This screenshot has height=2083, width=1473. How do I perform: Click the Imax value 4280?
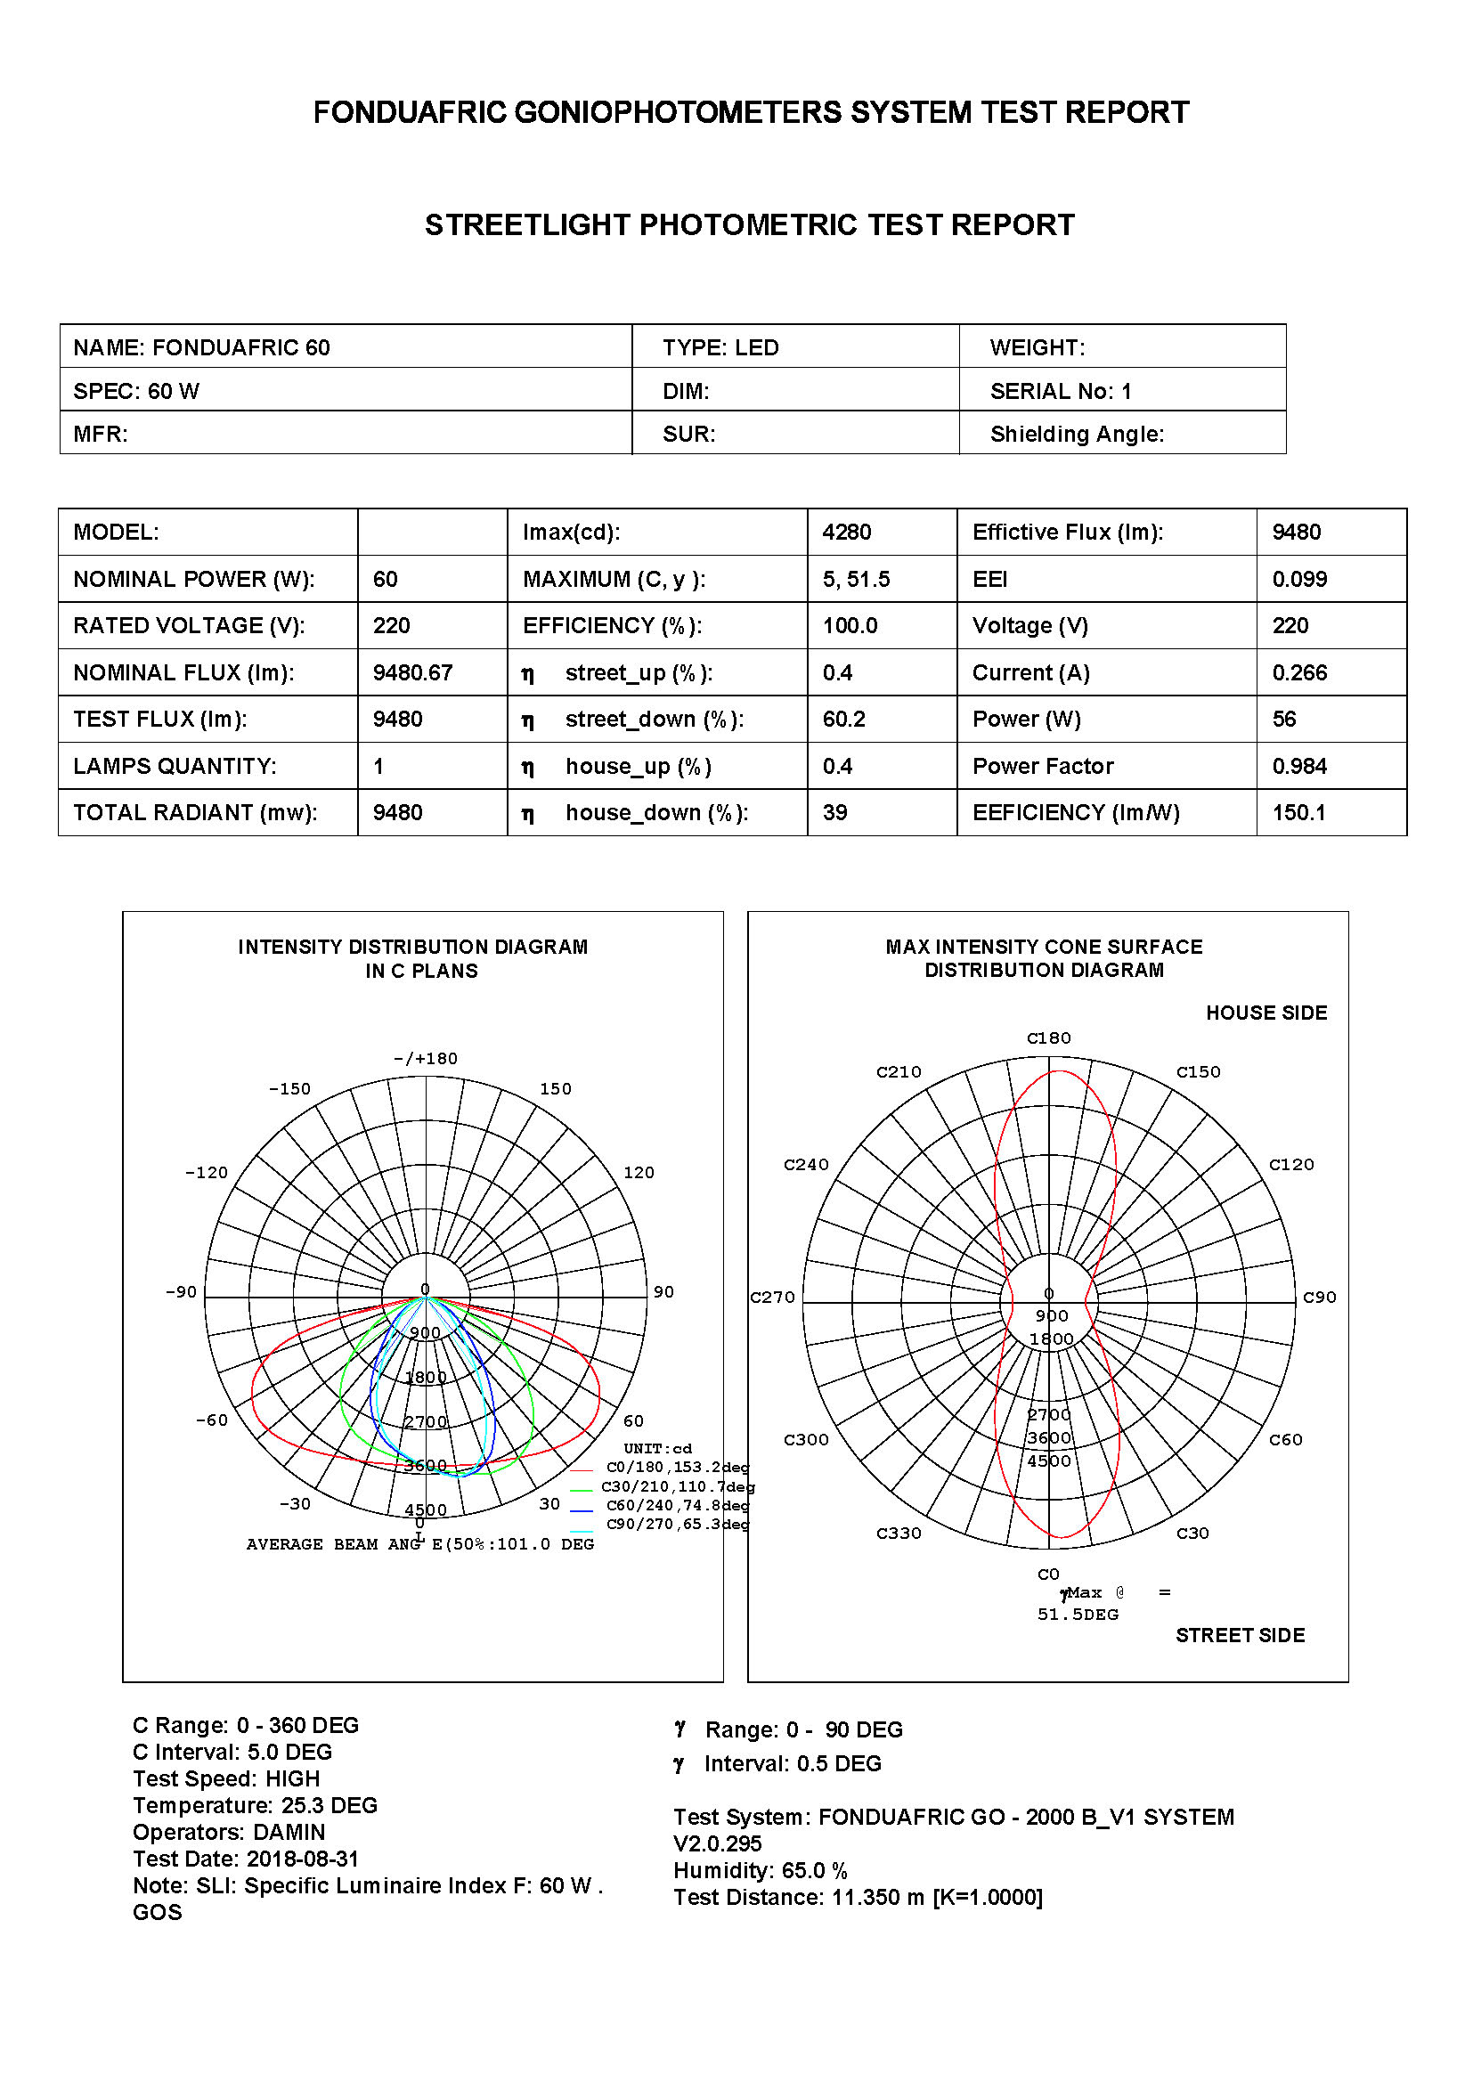[846, 532]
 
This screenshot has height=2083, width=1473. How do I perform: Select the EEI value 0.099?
[1298, 579]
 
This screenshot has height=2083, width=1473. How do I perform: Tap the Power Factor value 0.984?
[1298, 766]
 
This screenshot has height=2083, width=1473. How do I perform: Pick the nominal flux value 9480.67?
[411, 672]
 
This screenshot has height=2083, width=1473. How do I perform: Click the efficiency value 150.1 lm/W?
[1298, 812]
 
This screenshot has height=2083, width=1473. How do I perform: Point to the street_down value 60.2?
[843, 719]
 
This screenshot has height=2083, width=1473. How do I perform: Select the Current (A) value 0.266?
[1298, 672]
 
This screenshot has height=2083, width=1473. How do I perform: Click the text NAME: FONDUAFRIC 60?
[201, 347]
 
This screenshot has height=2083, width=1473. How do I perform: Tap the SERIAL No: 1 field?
[1061, 391]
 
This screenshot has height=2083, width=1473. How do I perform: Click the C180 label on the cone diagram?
[1048, 1037]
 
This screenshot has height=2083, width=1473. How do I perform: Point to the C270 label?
[772, 1298]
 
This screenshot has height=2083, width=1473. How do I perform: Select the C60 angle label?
[1285, 1440]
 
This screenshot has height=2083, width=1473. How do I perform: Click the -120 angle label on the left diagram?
[206, 1172]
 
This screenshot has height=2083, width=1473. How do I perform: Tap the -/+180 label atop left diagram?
[426, 1059]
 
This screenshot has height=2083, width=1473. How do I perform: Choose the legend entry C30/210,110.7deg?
[677, 1487]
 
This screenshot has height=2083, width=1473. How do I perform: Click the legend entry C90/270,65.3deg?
[677, 1524]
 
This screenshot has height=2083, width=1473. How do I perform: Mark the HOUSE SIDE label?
[1266, 1013]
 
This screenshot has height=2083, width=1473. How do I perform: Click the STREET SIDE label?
[1240, 1635]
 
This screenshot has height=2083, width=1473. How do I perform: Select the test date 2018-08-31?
[303, 1859]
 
